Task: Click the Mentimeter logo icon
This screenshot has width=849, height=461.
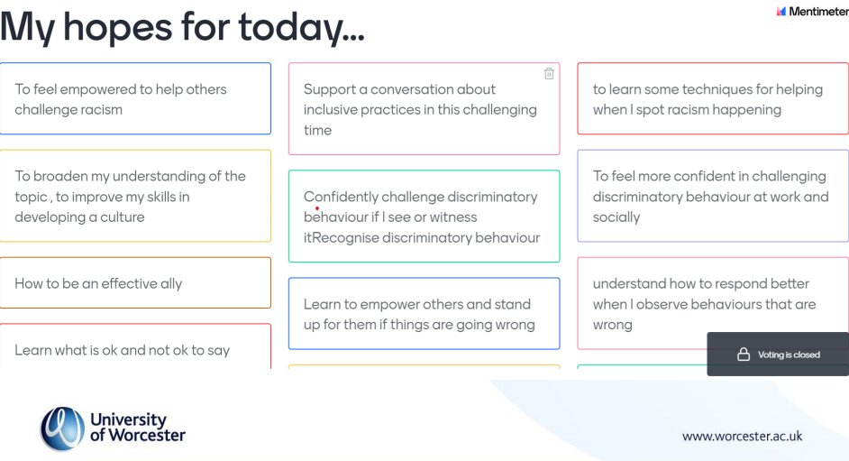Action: click(x=781, y=12)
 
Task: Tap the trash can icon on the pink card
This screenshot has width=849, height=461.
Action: click(x=549, y=74)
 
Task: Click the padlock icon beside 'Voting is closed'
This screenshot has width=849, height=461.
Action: click(x=744, y=355)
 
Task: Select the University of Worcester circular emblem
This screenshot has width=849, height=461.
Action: click(x=61, y=428)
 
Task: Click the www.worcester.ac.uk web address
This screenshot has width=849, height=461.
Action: click(x=742, y=437)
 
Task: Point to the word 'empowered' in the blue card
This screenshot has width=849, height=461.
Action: click(x=110, y=89)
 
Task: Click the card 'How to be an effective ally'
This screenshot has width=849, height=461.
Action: click(x=135, y=283)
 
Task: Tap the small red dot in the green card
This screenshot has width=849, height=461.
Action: click(x=317, y=208)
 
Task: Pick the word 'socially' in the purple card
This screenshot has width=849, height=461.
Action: click(x=616, y=217)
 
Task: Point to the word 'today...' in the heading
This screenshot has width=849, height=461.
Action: click(x=301, y=27)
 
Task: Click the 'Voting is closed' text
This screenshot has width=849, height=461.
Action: click(x=789, y=355)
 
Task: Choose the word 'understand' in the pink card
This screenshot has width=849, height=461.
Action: click(x=628, y=283)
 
